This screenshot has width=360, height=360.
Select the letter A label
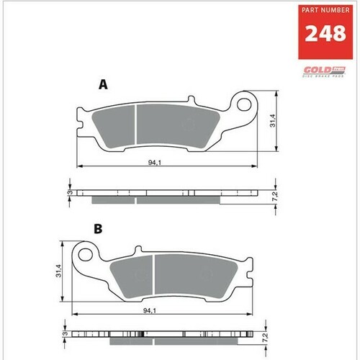(103, 85)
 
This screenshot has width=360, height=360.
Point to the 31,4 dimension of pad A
(272, 122)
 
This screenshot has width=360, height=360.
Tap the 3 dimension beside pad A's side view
(69, 194)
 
